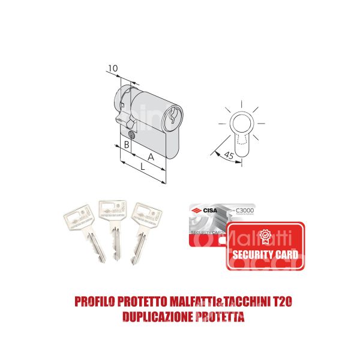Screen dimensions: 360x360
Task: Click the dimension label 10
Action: coord(112,69)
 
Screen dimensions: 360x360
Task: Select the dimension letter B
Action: coord(127,145)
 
